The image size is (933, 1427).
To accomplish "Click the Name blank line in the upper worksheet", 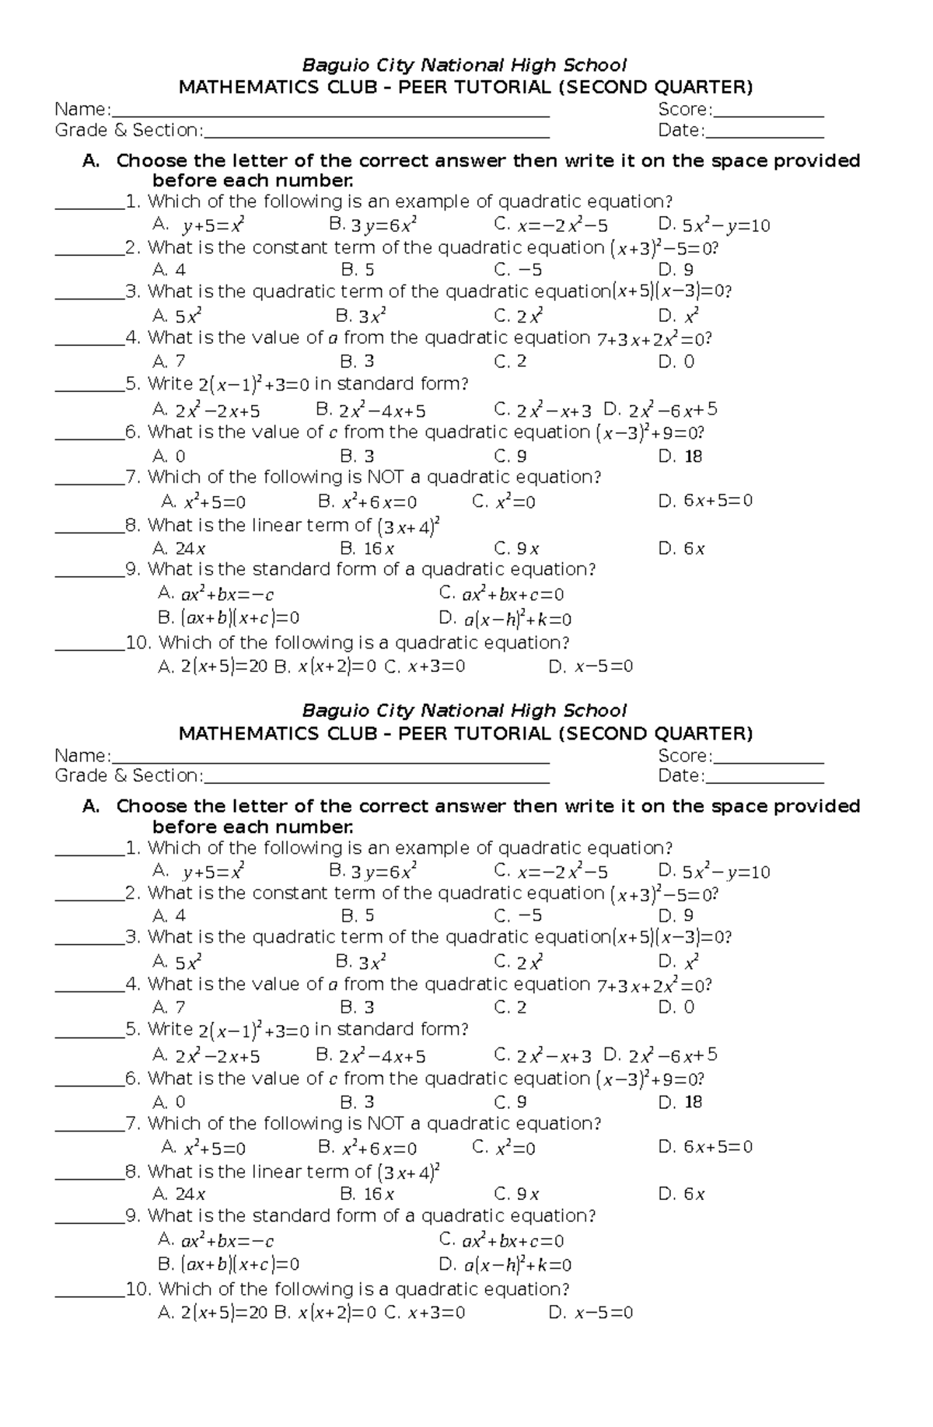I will coord(330,110).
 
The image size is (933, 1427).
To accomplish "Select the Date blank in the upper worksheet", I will coord(764,131).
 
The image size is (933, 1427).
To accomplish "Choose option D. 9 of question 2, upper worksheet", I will coord(676,271).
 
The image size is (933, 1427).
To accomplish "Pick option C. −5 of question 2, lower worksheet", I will coord(518,916).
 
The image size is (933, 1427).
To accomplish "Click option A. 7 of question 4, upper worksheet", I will coord(169,362).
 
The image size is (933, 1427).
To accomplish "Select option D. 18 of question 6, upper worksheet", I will coord(680,456).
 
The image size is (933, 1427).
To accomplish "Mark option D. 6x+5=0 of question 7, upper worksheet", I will coord(705,502).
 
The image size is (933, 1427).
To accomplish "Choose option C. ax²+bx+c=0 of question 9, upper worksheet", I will coord(501,595).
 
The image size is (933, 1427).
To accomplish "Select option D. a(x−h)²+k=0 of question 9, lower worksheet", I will coord(505,1265).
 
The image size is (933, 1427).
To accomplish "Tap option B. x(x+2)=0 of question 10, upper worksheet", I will coord(325,667).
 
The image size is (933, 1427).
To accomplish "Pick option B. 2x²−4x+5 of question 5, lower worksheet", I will coord(371,1056).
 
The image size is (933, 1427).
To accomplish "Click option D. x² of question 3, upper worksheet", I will coord(678,317).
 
